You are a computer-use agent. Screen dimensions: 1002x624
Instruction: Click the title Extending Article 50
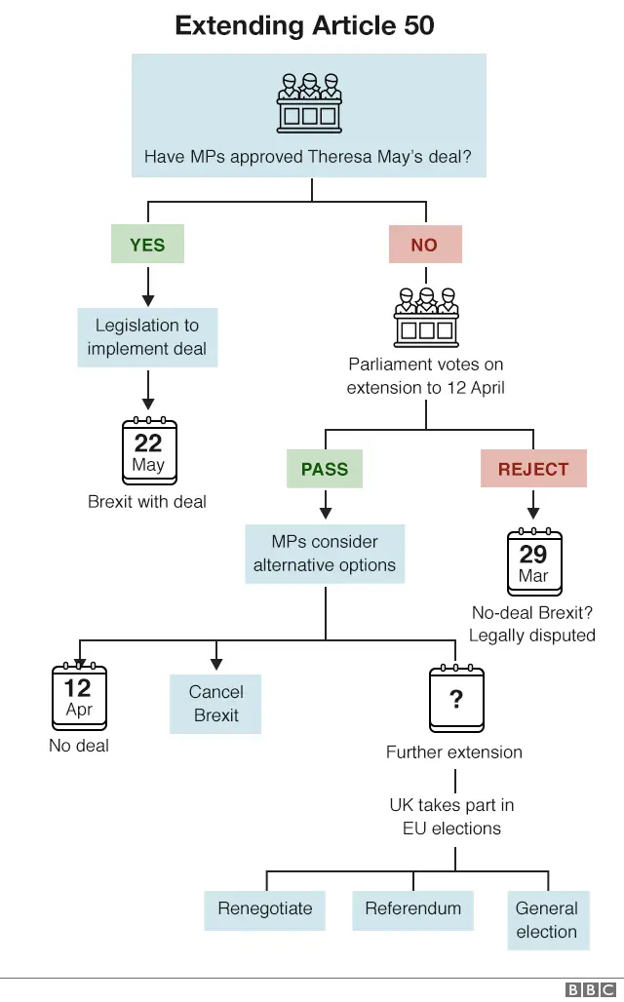[304, 25]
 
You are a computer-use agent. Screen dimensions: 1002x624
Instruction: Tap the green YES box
[147, 245]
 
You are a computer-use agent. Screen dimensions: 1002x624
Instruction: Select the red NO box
[424, 245]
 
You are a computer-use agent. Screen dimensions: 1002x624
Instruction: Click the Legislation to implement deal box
[147, 337]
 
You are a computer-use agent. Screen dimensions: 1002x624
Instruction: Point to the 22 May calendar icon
[149, 452]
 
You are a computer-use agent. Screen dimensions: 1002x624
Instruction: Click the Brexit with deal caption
[147, 502]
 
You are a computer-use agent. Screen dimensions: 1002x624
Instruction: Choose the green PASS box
[325, 469]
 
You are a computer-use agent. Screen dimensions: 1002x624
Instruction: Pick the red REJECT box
[533, 469]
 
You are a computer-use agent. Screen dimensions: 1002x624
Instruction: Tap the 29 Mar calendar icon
[534, 562]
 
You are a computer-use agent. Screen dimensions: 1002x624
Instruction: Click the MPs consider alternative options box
[325, 554]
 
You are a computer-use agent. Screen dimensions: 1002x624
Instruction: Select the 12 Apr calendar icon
[78, 697]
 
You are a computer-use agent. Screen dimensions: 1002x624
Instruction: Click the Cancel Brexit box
[216, 703]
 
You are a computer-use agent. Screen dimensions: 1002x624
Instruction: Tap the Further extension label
[454, 751]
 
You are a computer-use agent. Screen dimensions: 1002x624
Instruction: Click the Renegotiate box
[265, 908]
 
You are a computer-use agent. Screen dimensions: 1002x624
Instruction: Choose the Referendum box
[412, 908]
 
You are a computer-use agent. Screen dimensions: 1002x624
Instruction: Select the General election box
[547, 919]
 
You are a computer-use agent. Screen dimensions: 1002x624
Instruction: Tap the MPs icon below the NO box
[426, 316]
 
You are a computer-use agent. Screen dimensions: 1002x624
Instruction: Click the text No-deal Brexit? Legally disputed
[532, 624]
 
